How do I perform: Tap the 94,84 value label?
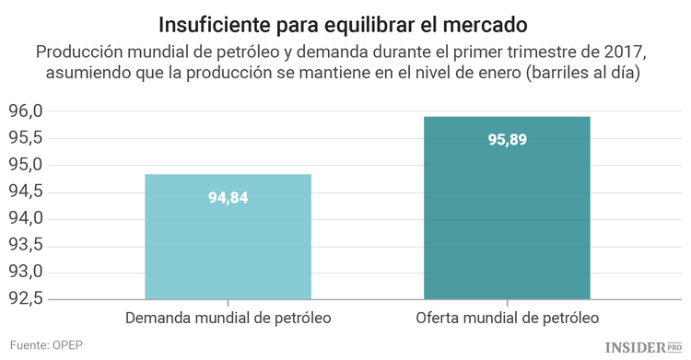tap(228, 197)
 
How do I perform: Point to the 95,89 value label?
tap(507, 140)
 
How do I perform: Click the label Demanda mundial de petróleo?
tap(228, 318)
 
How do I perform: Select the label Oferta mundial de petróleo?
tap(508, 318)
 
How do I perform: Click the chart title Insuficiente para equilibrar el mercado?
tap(345, 22)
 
